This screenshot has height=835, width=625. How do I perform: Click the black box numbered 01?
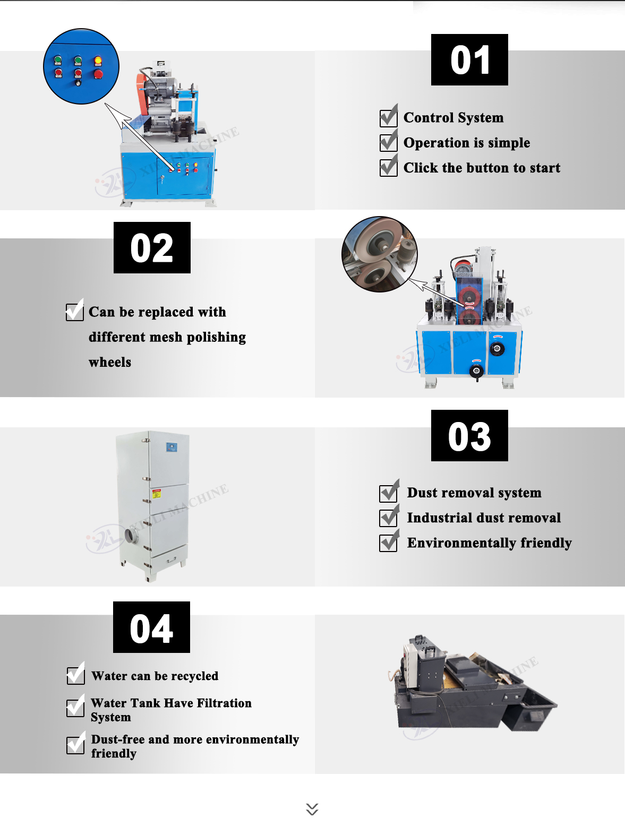(x=469, y=60)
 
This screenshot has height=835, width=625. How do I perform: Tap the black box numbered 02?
(x=152, y=248)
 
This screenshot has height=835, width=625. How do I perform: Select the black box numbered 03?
(x=469, y=436)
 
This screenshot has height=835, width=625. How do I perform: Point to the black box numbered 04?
(x=151, y=627)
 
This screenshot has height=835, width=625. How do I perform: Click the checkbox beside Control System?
(x=388, y=118)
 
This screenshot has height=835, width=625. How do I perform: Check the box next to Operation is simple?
(x=388, y=142)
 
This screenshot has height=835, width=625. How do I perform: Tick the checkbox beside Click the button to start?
(x=388, y=167)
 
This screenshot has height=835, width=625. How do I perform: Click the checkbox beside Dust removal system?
(x=388, y=493)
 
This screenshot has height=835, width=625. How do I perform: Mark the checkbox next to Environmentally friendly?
(x=388, y=543)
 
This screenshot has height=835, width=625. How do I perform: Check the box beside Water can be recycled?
(x=75, y=676)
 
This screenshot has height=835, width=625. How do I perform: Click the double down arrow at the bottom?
(x=312, y=809)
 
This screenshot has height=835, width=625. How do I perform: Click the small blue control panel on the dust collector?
(x=171, y=447)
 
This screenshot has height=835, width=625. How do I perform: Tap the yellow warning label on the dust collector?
(x=157, y=494)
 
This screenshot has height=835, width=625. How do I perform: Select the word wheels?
(x=110, y=363)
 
